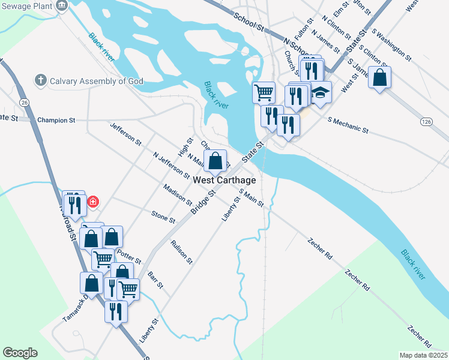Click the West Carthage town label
[x=225, y=180]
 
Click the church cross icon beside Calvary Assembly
[x=40, y=80]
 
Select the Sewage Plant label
[x=26, y=5]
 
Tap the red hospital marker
[x=93, y=202]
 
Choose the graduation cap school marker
[x=321, y=93]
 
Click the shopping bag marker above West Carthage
[x=215, y=161]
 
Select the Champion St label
[x=56, y=120]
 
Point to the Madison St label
[x=177, y=194]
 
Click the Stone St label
[x=163, y=217]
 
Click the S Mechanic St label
[x=348, y=125]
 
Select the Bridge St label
[x=203, y=202]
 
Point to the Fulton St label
[x=301, y=28]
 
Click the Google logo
[x=20, y=353]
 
